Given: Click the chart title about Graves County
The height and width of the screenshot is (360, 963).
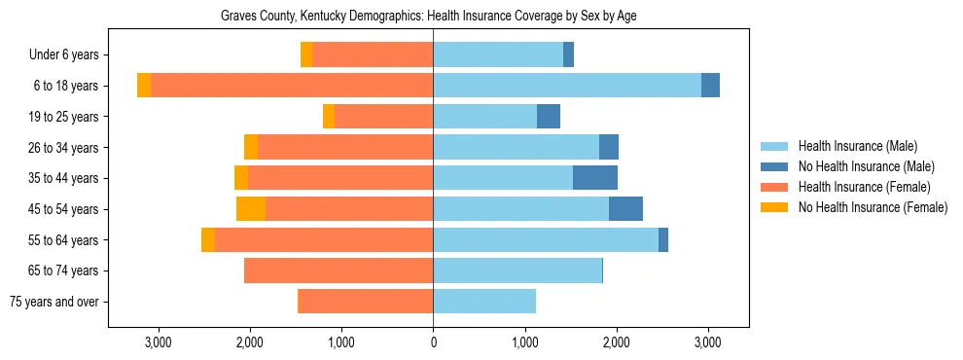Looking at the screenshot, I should [x=428, y=17].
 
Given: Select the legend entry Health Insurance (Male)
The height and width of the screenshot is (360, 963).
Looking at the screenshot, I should [x=857, y=146].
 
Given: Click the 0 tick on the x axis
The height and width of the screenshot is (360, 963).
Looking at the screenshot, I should [x=433, y=342].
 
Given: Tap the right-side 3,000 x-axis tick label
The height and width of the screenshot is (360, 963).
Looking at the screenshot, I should [x=707, y=342].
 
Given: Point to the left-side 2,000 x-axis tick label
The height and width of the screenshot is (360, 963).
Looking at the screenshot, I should [x=250, y=342].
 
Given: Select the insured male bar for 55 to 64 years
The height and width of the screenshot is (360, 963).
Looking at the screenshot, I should [x=546, y=239].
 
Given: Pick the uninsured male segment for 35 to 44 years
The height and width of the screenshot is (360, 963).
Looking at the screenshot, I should [x=595, y=178].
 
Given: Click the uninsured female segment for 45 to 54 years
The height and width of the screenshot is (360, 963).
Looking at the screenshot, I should [x=251, y=209].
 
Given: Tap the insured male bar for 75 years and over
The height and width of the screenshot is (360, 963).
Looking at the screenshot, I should [x=484, y=302].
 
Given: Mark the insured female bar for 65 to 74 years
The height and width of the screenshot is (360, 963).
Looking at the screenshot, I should [x=339, y=270].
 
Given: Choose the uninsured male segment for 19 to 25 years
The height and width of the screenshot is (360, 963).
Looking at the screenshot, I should [x=549, y=117].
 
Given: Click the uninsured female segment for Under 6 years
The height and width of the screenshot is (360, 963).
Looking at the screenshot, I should [x=306, y=55].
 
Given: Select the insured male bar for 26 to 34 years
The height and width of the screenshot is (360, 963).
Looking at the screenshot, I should [x=516, y=147].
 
